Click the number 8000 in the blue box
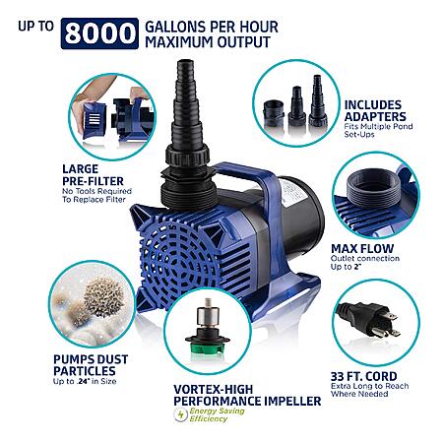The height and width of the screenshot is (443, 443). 99,33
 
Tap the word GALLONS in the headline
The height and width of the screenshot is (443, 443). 176,27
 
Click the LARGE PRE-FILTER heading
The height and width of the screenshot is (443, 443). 93,175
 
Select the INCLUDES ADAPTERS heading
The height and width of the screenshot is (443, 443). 375,110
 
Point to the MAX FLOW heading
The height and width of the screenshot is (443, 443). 362,248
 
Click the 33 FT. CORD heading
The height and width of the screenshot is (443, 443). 363,376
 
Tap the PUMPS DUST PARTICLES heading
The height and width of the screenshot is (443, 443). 91,365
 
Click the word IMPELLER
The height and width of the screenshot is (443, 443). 292,401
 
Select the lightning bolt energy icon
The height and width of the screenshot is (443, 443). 180,414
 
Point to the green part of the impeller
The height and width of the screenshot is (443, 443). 207,348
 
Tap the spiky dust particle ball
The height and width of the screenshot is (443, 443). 103,296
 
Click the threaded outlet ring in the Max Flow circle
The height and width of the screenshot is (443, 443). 373,188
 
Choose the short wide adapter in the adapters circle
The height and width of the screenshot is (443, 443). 274,113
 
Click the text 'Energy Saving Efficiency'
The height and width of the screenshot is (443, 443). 217,414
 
